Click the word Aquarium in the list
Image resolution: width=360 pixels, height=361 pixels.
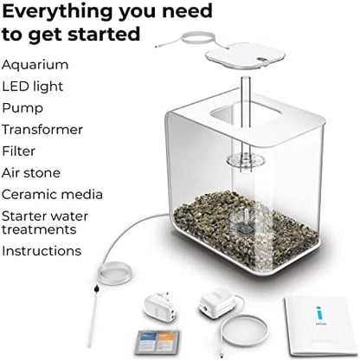(35, 65)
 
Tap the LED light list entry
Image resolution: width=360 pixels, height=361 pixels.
(33, 87)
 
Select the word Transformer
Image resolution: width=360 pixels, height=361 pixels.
(42, 130)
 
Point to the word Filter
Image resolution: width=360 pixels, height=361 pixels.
(19, 151)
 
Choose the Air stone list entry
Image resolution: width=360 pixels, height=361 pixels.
(31, 173)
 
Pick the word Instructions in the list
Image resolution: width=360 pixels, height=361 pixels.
(42, 251)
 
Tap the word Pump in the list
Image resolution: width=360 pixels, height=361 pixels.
(22, 108)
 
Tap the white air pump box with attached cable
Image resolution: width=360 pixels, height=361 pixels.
(217, 303)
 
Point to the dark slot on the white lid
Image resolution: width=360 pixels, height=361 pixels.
(262, 59)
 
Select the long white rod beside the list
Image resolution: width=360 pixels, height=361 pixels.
(93, 318)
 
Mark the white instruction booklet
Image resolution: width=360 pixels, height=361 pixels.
(319, 326)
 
